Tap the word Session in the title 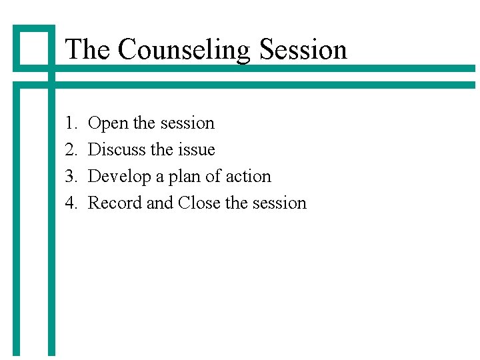303,49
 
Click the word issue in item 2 197,150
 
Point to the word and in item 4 160,203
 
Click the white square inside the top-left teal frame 33,47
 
